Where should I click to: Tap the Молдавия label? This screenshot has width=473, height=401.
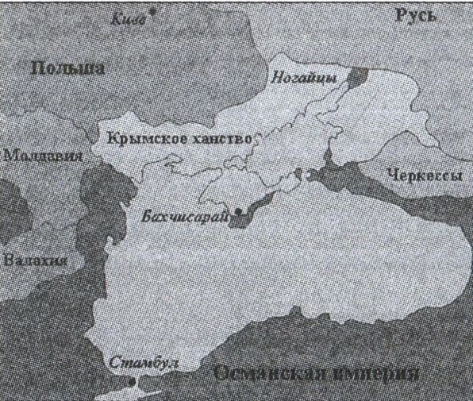pyautogui.click(x=42, y=156)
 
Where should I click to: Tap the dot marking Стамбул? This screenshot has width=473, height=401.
pyautogui.click(x=133, y=383)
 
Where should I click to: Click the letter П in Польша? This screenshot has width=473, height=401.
pyautogui.click(x=37, y=69)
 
